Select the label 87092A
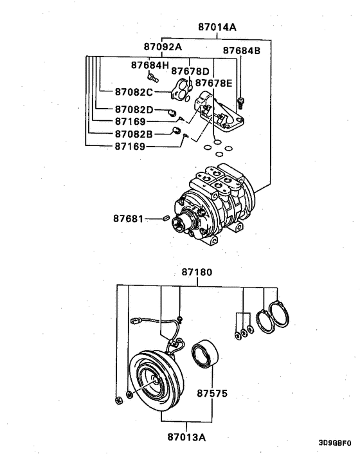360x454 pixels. [162, 47]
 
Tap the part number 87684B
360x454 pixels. [241, 50]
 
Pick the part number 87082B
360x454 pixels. [134, 134]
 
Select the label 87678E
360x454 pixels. [213, 83]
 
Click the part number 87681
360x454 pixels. [129, 219]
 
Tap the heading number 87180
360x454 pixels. [197, 273]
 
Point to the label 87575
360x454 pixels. [213, 392]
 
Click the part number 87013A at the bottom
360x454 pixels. [187, 437]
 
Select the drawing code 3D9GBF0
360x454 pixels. [334, 443]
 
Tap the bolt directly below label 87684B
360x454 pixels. [241, 101]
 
